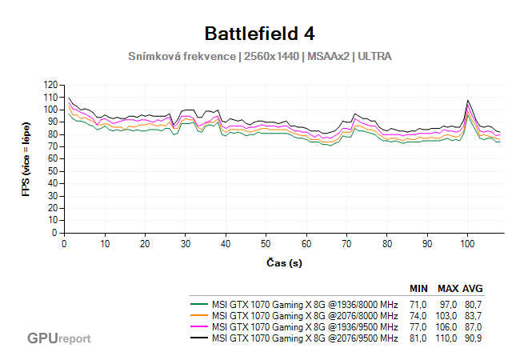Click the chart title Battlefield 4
coord(260,33)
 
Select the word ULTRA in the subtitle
coord(374,56)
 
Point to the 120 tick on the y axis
coord(51,85)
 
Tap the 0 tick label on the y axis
coord(55,233)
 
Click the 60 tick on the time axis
coord(306,244)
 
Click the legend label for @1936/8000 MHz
coord(304,305)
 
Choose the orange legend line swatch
coord(199,316)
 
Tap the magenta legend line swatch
coord(199,327)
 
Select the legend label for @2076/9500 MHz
coord(304,338)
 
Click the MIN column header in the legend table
coord(418,288)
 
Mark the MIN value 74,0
coord(418,316)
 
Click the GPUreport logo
coord(58,338)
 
